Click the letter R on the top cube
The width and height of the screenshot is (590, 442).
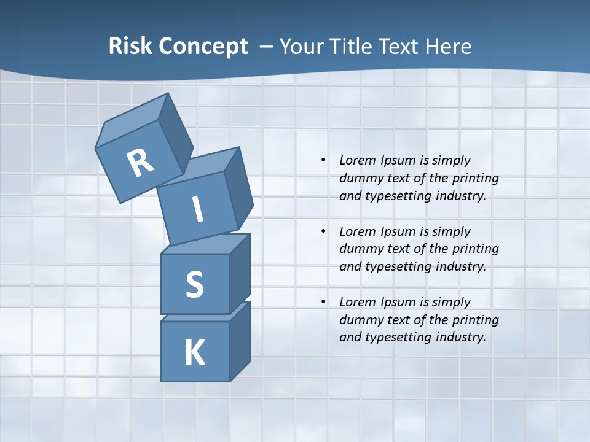point(140,163)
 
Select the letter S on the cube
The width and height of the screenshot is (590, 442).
point(195,284)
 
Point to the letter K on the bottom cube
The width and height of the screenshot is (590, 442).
point(195,353)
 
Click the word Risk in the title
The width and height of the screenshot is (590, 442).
point(130,47)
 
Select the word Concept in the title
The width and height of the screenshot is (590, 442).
point(203,47)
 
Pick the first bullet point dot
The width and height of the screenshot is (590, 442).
point(323,161)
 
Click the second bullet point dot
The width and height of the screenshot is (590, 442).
point(323,231)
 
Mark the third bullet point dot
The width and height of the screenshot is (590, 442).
point(323,302)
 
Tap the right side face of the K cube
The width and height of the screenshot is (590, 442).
point(240,342)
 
